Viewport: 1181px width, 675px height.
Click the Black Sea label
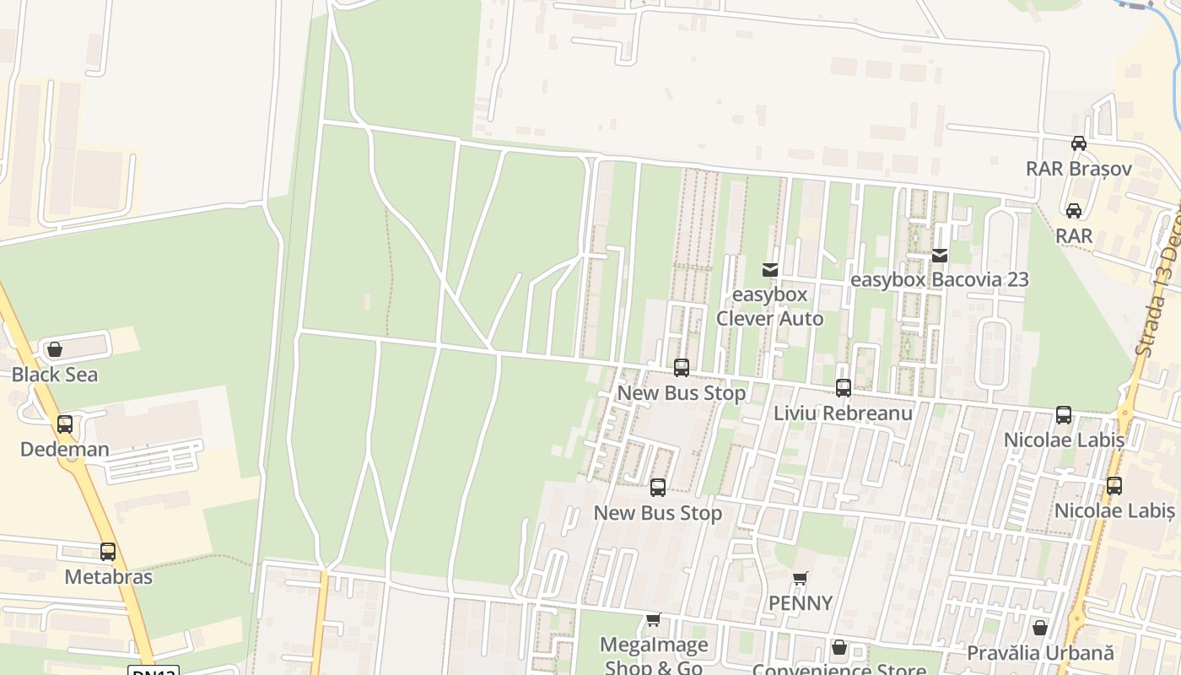click(55, 375)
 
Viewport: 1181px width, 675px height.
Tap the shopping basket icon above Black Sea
click(55, 349)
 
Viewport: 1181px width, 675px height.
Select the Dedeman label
click(65, 449)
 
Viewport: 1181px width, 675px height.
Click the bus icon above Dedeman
click(65, 424)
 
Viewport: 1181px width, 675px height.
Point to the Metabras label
click(109, 577)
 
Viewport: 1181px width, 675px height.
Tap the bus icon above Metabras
click(108, 552)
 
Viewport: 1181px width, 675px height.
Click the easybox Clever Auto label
click(769, 306)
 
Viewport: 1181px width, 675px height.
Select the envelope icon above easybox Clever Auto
click(769, 270)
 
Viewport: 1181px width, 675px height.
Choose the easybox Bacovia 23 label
click(940, 279)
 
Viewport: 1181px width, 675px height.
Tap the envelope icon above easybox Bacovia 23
click(940, 255)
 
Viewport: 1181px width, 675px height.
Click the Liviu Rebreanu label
click(843, 413)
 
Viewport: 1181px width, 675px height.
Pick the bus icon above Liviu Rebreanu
click(843, 388)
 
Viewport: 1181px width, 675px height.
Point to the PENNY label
click(801, 603)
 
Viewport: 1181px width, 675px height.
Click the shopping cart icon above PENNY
click(801, 579)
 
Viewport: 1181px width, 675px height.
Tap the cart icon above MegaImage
click(653, 620)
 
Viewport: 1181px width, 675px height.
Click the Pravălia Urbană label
click(1040, 653)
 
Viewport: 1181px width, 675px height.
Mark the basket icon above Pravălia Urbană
click(1040, 628)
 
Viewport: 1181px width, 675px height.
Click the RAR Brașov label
click(1078, 169)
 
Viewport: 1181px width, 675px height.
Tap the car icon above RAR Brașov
click(1078, 143)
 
